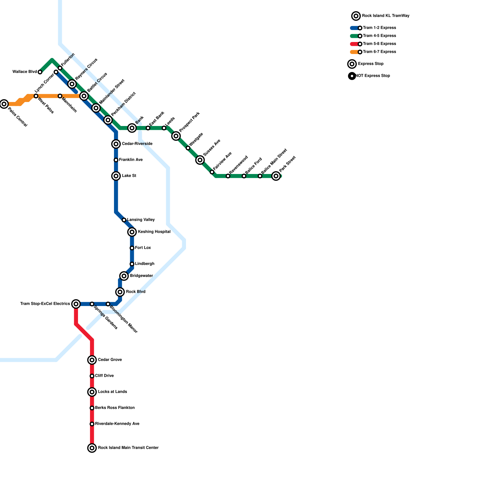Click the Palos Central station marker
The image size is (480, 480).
pos(4,104)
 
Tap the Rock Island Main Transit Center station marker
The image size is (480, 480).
pos(92,448)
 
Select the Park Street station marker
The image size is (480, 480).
pos(276,176)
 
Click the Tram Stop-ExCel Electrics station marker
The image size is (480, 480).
pos(76,304)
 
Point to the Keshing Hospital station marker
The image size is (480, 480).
pos(132,232)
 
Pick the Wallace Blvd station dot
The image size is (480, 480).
pos(40,72)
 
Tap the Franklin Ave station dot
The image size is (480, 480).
pos(116,160)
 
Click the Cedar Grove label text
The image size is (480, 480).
pos(110,360)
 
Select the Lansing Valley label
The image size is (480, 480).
pos(141,220)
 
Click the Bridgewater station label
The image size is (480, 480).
pos(141,276)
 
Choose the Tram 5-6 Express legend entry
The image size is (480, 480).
pos(379,44)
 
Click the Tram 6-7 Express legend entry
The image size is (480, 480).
pos(379,52)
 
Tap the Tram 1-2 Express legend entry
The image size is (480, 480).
pos(379,28)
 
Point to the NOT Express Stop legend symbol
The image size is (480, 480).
pos(352,76)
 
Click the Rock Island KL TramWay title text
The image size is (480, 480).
pos(385,16)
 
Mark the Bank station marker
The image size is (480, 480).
pos(132,128)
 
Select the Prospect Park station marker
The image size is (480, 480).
pos(176,136)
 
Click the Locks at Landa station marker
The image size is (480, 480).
pos(92,392)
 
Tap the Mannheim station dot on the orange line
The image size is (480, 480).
pos(60,96)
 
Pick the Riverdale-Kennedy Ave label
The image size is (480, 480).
pos(117,424)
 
